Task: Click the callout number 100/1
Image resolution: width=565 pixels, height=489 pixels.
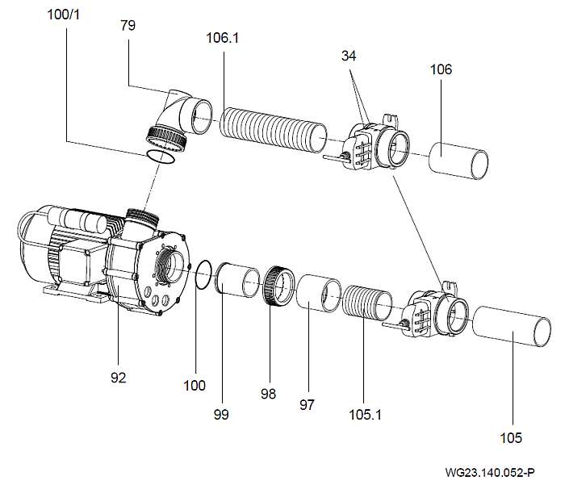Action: pos(64,15)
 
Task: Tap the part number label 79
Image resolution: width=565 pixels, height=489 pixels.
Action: pos(128,26)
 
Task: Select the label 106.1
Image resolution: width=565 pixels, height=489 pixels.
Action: pos(222,38)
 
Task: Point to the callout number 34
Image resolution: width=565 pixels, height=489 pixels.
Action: pos(349,56)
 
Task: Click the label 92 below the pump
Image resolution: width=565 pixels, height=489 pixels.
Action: pos(118,378)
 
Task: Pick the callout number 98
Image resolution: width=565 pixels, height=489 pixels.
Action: pos(269,394)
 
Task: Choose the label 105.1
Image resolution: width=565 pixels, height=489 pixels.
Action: pos(365,415)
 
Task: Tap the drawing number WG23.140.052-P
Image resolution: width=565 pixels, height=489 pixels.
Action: pos(490,472)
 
